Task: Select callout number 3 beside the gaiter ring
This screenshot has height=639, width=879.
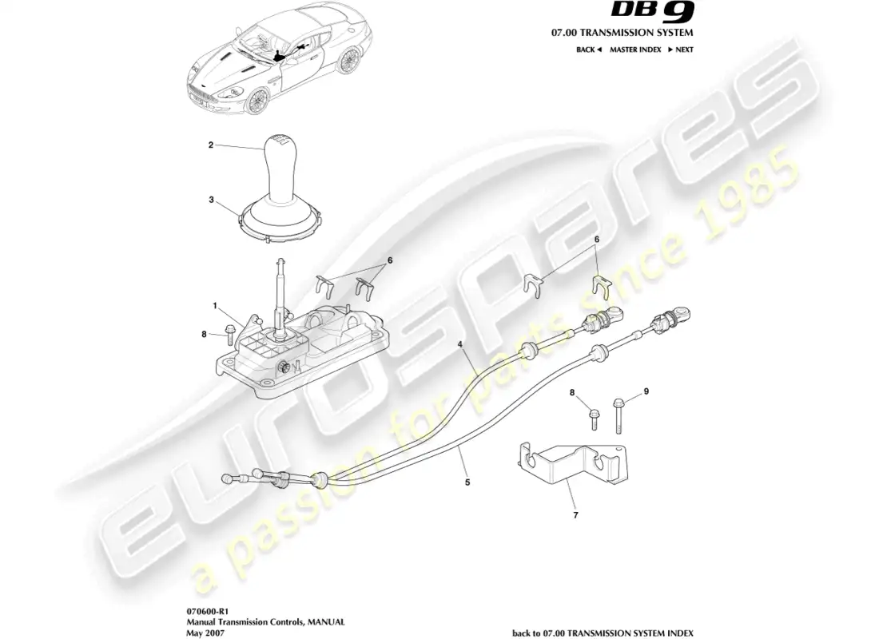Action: tap(211, 200)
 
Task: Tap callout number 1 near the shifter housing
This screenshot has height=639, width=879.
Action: tap(215, 306)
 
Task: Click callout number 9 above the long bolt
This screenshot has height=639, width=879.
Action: tap(646, 391)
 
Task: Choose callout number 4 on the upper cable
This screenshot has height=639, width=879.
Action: tap(460, 344)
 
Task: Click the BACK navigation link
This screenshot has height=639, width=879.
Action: tap(588, 50)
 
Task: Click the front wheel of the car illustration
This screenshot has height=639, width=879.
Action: tap(257, 101)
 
